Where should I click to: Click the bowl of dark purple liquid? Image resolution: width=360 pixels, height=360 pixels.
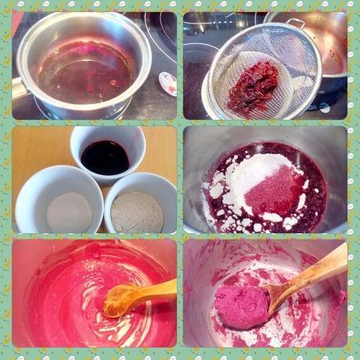pos(106,154)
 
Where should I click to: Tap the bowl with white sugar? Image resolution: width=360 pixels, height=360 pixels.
pos(69,210)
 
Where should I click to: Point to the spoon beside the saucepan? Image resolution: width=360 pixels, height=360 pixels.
pos(167,82)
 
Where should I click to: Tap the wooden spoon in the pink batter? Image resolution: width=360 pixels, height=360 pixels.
pos(141,296)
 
